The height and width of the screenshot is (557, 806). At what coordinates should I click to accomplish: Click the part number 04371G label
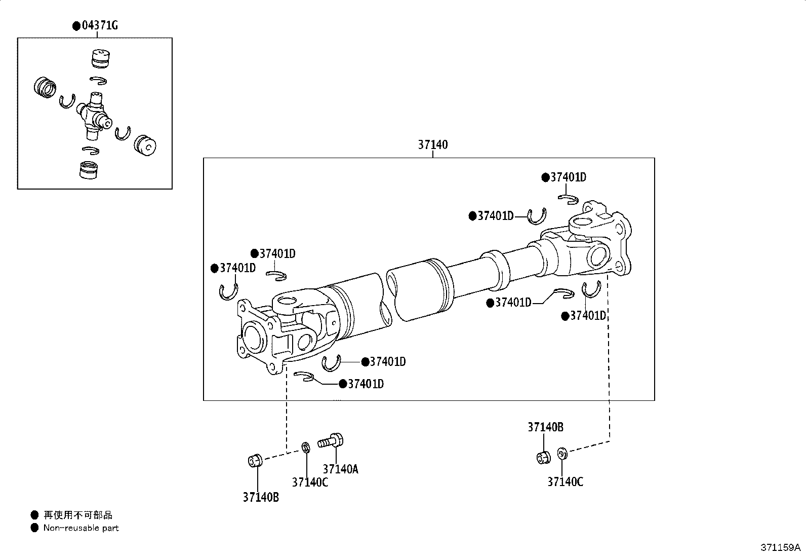(x=100, y=25)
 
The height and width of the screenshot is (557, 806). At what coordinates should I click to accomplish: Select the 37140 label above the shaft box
(x=432, y=144)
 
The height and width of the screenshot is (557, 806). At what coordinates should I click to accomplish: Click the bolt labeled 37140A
(x=330, y=441)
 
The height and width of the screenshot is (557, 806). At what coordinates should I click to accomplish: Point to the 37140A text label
(x=340, y=469)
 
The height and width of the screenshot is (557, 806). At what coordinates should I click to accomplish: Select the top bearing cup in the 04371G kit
(x=100, y=58)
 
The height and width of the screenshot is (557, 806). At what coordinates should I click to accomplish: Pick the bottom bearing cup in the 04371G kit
(x=89, y=170)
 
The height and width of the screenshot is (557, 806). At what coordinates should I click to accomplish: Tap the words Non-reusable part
(x=81, y=528)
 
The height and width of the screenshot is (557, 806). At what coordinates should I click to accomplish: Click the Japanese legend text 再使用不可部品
(x=78, y=515)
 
